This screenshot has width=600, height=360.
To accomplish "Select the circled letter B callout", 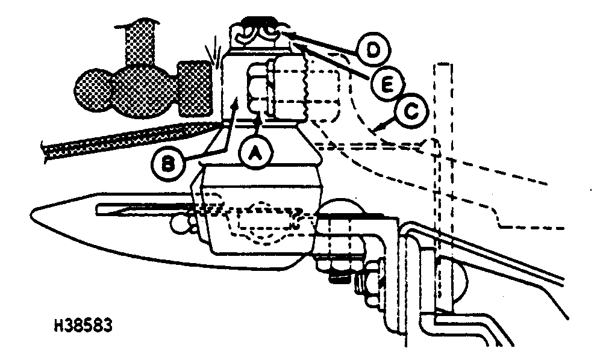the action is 171,162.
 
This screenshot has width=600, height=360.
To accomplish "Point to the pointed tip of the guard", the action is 34,212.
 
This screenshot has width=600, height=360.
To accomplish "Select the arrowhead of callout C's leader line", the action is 375,128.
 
